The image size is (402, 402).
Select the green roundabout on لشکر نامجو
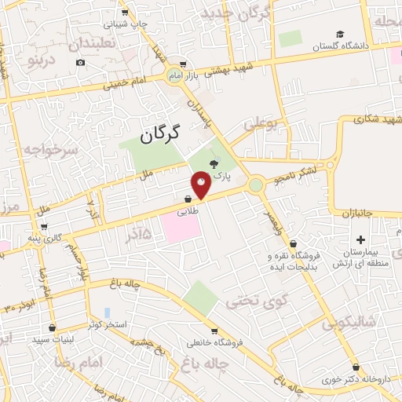[x=255, y=185]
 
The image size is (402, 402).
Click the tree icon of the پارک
[x=214, y=163]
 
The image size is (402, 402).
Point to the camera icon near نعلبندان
[x=80, y=62]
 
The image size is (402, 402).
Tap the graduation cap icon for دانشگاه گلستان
[x=340, y=34]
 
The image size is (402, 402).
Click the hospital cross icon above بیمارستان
[x=360, y=239]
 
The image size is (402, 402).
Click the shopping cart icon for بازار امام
[x=182, y=64]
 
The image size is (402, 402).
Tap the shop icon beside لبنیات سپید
[x=53, y=327]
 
